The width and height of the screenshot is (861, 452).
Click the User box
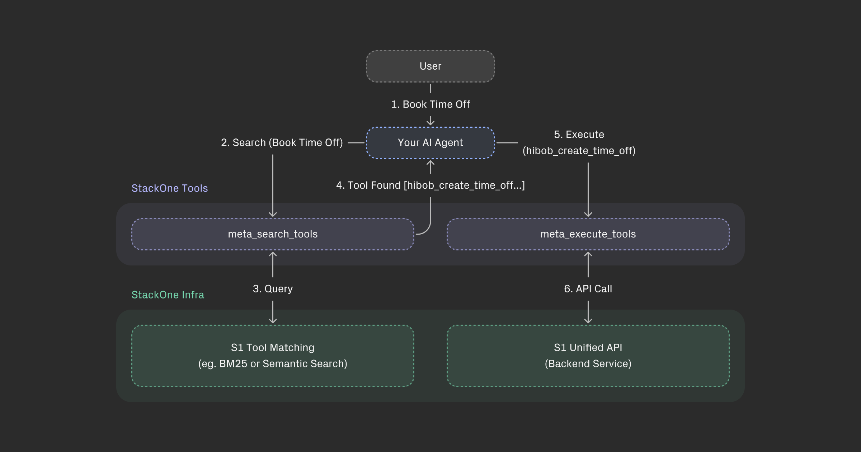(430, 66)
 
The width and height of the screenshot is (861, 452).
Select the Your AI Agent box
(430, 143)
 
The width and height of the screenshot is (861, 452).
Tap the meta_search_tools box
(273, 234)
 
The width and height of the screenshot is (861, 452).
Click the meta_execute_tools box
(588, 234)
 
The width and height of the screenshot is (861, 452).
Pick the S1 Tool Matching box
(273, 356)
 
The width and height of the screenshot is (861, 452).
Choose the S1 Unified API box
(588, 356)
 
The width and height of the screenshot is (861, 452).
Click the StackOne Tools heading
(169, 188)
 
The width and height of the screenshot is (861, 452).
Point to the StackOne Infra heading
(168, 295)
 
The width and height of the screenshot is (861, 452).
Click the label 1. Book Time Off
(430, 104)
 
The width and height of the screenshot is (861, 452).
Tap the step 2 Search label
(282, 143)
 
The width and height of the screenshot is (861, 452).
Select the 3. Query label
(273, 289)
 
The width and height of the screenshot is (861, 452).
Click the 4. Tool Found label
(430, 185)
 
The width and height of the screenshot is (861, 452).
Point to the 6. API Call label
(588, 289)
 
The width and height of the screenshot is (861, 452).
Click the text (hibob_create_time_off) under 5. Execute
(579, 151)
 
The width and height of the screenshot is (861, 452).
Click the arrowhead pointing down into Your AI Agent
(430, 123)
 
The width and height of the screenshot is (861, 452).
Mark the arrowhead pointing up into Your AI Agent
(430, 163)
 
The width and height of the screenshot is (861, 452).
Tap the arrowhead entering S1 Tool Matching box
(273, 321)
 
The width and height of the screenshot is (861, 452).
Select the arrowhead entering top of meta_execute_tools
(588, 215)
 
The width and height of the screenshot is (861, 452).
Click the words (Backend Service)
(588, 364)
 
